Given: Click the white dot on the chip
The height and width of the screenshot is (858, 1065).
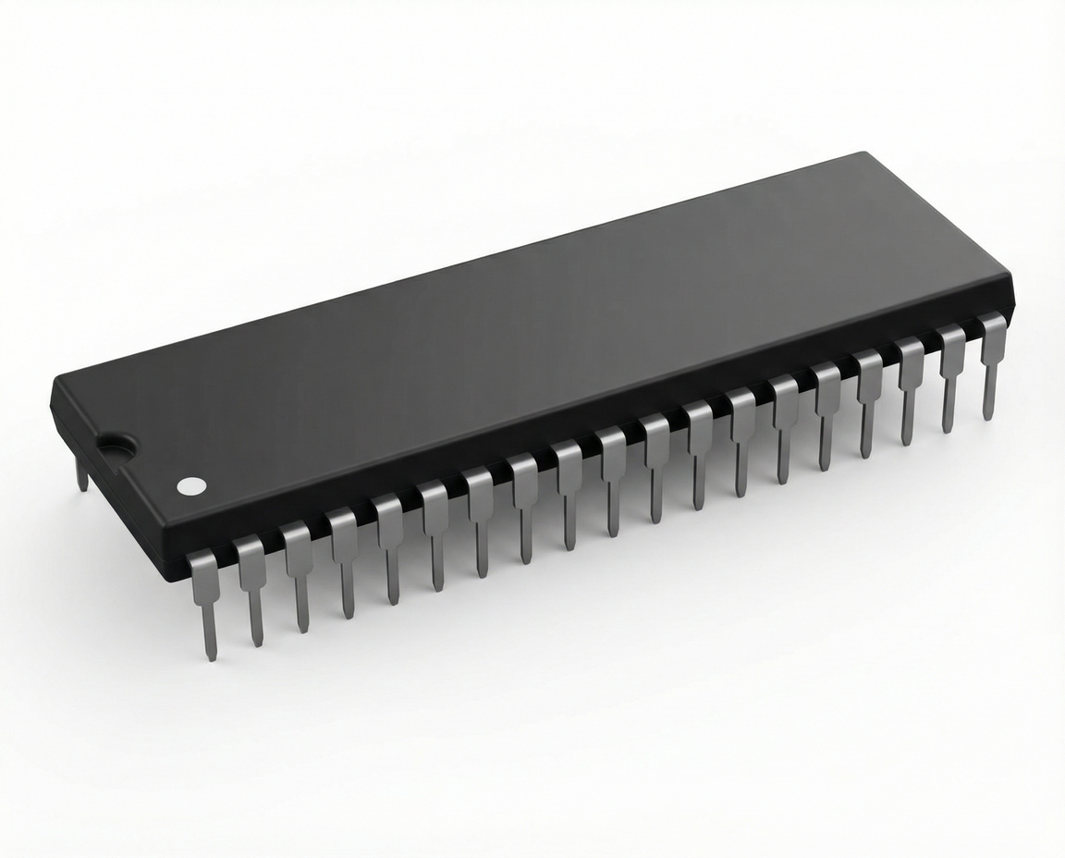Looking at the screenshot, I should point(191,484).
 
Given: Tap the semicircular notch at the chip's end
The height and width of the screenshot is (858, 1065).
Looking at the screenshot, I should point(116,448).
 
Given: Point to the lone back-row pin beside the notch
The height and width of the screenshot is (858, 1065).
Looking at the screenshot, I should point(81,473).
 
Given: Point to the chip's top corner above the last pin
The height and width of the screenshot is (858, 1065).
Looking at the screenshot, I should point(1010,275).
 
